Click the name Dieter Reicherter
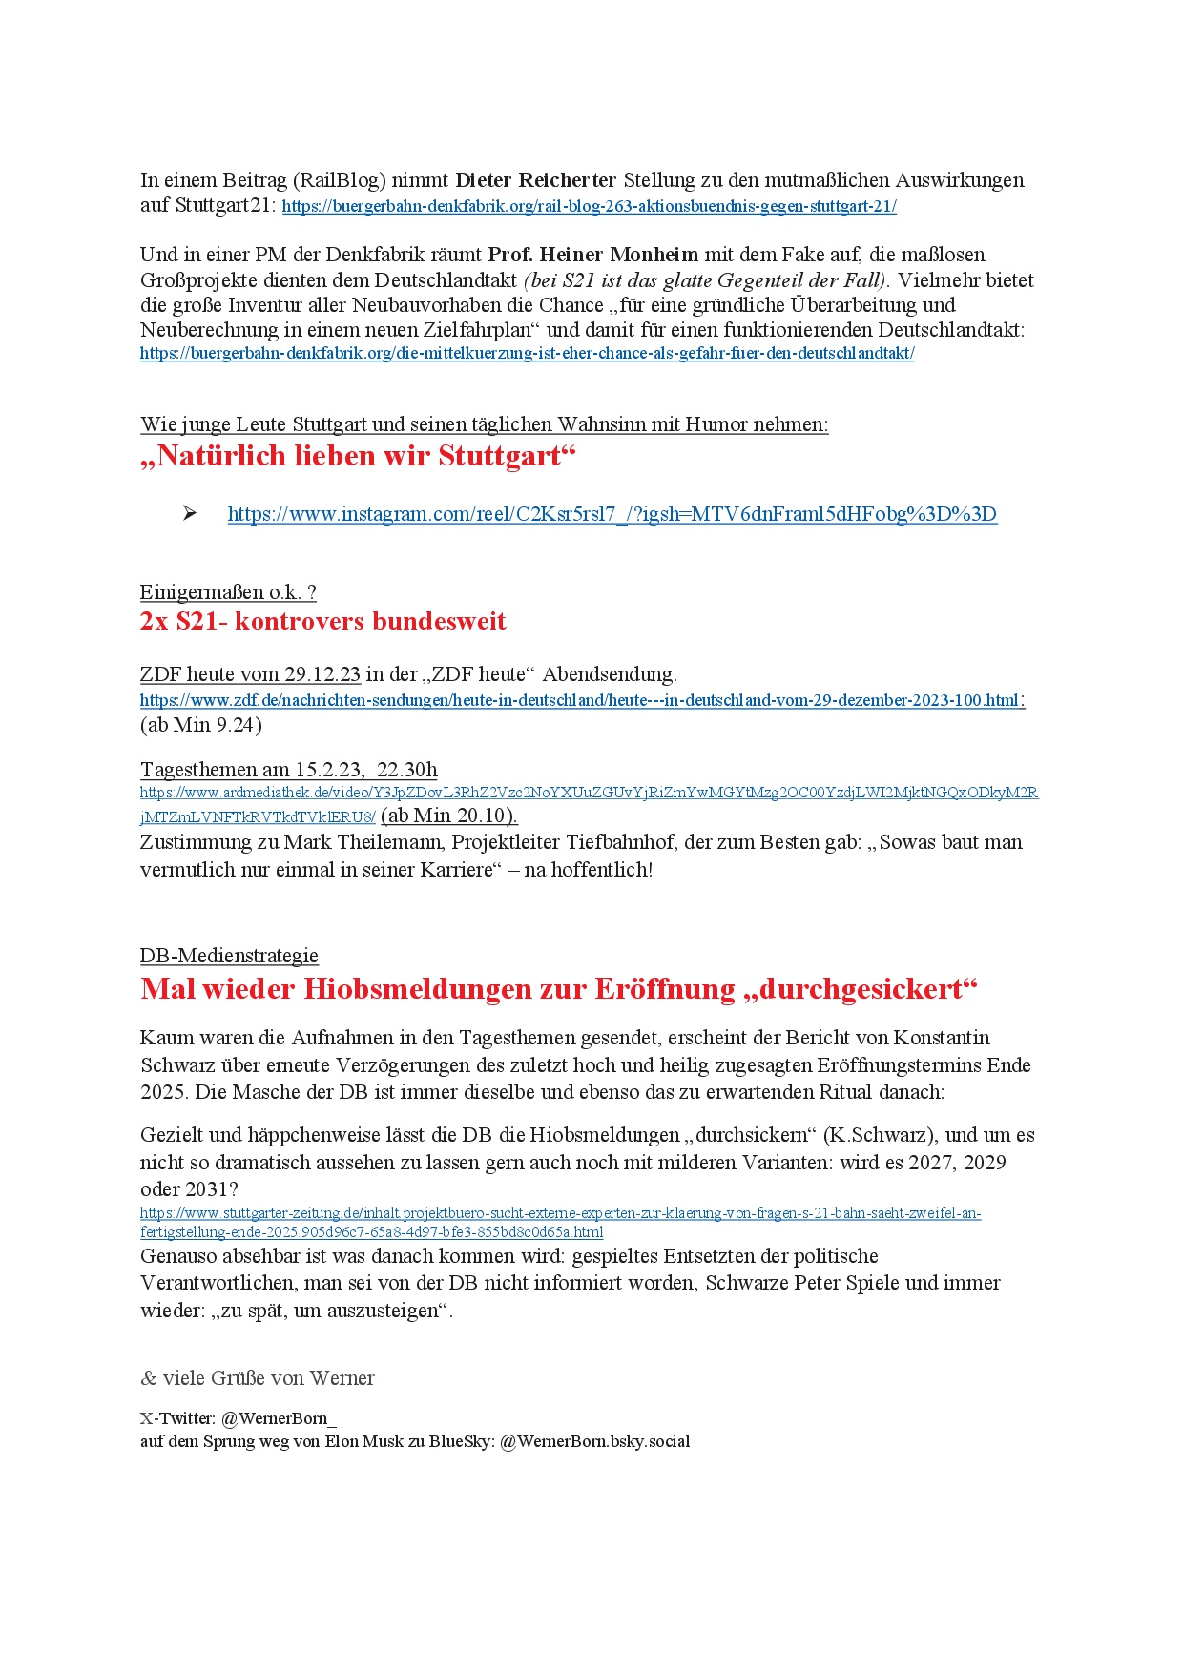pos(535,180)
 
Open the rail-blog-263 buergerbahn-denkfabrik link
pos(589,206)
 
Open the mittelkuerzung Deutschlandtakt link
pos(527,354)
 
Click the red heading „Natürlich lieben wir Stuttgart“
pos(359,456)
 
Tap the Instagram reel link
pos(612,514)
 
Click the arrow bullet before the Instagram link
pos(190,513)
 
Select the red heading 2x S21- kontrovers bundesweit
pos(322,621)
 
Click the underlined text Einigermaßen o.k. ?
pos(228,592)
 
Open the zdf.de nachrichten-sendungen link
pos(580,700)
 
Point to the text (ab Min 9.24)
pos(200,725)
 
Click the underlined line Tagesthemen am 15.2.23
pos(288,770)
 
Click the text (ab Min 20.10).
pos(448,816)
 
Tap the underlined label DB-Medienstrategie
pos(229,956)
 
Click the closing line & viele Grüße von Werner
pos(257,1378)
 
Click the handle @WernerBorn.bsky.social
pos(594,1441)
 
